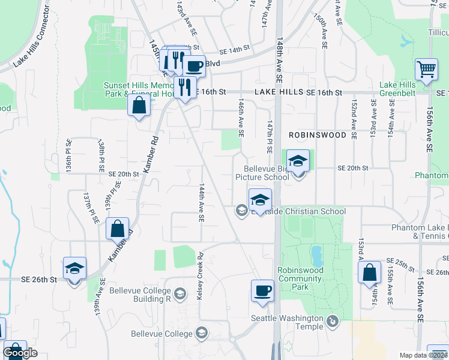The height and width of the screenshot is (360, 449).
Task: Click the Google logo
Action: [x=20, y=353]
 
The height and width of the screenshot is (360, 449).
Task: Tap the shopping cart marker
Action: [x=426, y=69]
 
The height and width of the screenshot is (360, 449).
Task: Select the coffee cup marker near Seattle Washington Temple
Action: [x=262, y=291]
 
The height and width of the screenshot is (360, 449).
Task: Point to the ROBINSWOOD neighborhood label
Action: [x=317, y=135]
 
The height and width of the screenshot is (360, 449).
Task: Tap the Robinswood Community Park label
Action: [x=300, y=278]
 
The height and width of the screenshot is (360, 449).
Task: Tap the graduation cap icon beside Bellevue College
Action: [x=202, y=333]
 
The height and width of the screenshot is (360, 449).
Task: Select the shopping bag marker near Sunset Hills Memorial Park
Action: [x=139, y=105]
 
